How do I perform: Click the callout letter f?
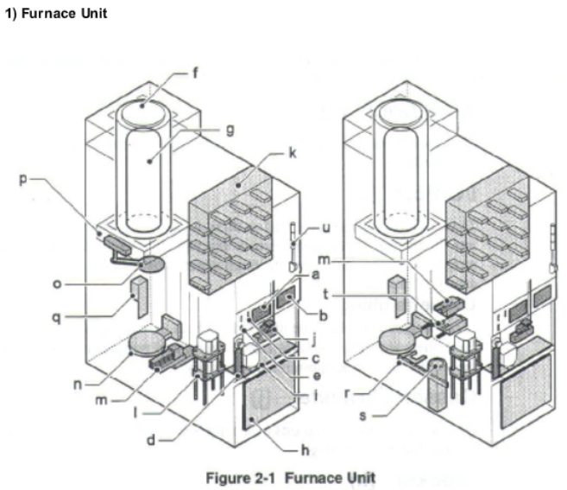194,73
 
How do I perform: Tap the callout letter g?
230,130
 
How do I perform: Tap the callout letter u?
325,229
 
